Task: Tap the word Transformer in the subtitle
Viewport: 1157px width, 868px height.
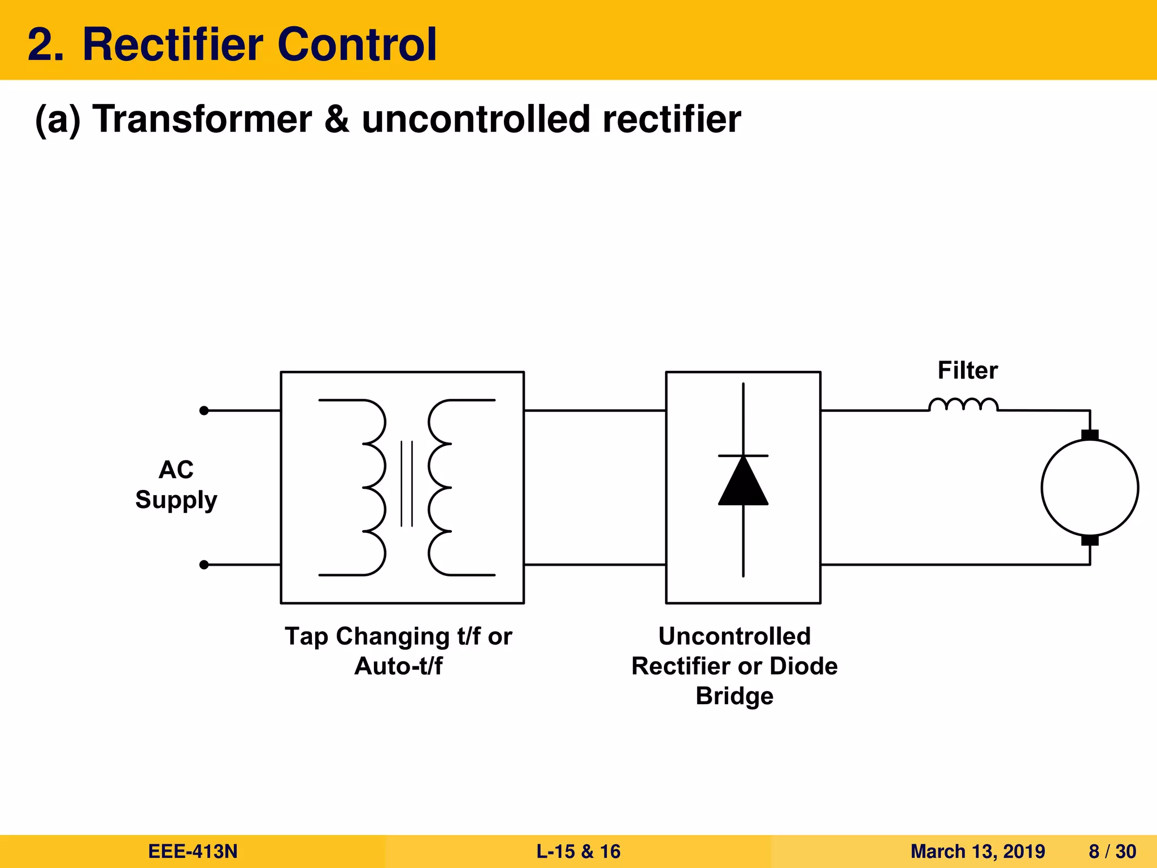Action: [x=202, y=119]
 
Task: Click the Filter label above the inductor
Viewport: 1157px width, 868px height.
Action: [x=967, y=371]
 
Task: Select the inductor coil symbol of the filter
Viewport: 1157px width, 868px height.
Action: [x=963, y=405]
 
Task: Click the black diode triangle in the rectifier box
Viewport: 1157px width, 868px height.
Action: [x=743, y=483]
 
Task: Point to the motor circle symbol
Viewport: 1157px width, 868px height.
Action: [x=1089, y=488]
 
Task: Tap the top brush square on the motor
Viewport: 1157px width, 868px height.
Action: [x=1090, y=435]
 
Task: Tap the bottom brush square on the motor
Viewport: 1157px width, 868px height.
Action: [x=1090, y=540]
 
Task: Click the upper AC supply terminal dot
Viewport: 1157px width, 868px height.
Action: [x=204, y=411]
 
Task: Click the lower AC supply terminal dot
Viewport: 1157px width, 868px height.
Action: [x=204, y=565]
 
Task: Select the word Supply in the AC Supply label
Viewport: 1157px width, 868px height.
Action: [x=176, y=500]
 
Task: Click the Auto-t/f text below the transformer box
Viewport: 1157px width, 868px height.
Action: [x=398, y=666]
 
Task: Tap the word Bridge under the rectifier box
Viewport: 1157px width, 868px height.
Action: [x=734, y=696]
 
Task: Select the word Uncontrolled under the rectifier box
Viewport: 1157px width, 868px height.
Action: [x=734, y=636]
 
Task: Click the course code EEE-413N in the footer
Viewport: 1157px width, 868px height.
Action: [x=193, y=852]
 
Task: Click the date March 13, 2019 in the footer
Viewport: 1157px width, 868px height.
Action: [x=977, y=852]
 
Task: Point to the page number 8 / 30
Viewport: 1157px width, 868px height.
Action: [x=1112, y=852]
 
